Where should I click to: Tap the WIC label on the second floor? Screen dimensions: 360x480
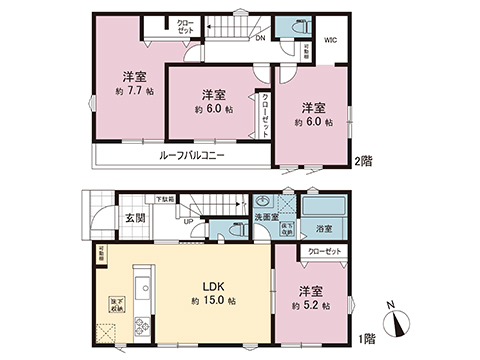point(331,41)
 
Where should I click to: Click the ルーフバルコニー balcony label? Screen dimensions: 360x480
point(191,156)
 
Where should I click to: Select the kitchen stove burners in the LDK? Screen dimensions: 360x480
point(140,323)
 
